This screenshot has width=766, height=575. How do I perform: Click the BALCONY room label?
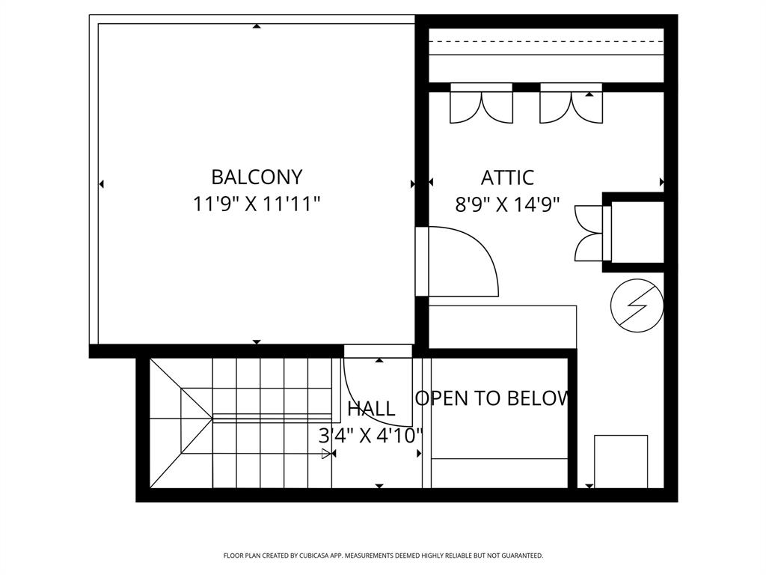coord(257,177)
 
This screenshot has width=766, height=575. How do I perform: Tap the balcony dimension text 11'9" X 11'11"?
coord(257,204)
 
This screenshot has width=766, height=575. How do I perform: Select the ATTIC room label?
coord(507,178)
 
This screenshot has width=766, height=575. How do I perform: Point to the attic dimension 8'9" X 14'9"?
coord(507,204)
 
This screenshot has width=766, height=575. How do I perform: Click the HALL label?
coord(371,409)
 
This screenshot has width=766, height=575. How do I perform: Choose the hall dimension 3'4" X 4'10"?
coord(371,435)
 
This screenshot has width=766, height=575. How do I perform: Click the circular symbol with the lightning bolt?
coord(637,307)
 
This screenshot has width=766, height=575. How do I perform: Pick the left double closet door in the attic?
coord(481,106)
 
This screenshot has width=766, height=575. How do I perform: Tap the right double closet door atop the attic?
coord(571,106)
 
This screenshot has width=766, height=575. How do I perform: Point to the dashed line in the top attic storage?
coord(546,42)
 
